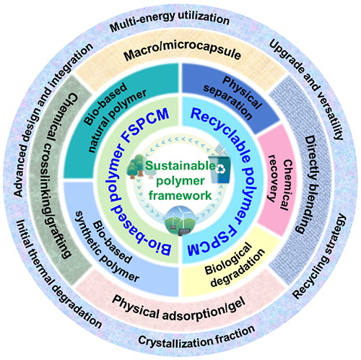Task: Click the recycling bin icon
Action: (x=219, y=166)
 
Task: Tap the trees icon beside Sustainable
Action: (x=139, y=167)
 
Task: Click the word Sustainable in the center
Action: (x=180, y=165)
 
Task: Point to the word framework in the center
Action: (x=180, y=195)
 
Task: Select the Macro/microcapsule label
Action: (x=182, y=51)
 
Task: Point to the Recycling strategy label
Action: (x=320, y=256)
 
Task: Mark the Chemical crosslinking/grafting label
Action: (x=60, y=175)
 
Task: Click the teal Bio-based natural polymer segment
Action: (x=121, y=120)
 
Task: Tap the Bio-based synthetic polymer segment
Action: (x=121, y=240)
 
